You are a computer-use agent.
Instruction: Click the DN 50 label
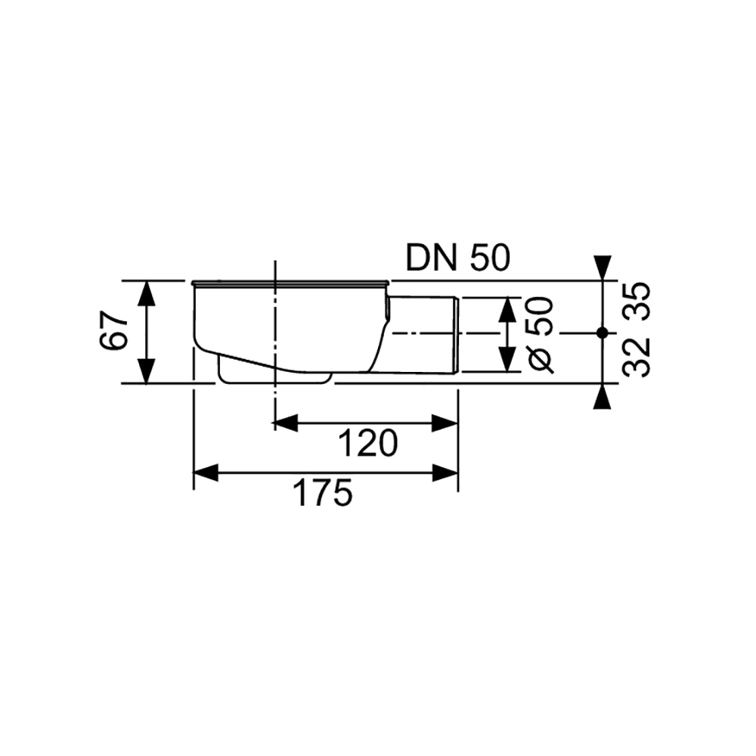pos(457,258)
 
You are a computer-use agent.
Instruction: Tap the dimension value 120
pos(368,444)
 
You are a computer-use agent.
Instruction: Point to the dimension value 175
pos(323,493)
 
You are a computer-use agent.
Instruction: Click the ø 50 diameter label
pos(539,335)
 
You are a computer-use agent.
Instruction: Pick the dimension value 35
pos(637,302)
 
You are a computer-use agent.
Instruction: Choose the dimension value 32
pos(637,358)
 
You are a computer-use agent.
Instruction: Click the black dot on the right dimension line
pos(602,333)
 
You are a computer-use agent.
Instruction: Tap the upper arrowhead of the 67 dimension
pos(147,293)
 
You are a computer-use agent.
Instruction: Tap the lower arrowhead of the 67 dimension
pos(147,371)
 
